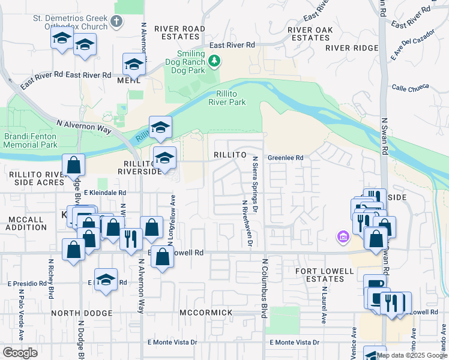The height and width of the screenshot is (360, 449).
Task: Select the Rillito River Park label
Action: pyautogui.click(x=227, y=98)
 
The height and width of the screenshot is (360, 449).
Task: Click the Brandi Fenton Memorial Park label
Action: pyautogui.click(x=31, y=140)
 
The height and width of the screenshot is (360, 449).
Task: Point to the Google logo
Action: pyautogui.click(x=20, y=353)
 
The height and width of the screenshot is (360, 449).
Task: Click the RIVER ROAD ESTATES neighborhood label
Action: pyautogui.click(x=179, y=33)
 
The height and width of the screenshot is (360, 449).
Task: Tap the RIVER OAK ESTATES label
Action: pyautogui.click(x=310, y=33)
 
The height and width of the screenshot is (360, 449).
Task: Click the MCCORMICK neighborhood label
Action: pyautogui.click(x=206, y=313)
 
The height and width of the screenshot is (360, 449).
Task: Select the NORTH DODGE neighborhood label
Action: pyautogui.click(x=82, y=313)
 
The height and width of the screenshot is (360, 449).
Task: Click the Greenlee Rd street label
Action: pyautogui.click(x=286, y=158)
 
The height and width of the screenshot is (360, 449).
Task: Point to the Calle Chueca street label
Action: pyautogui.click(x=411, y=87)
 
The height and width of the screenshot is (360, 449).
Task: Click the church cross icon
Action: pyautogui.click(x=117, y=22)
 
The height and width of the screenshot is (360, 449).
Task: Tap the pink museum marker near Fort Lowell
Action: pyautogui.click(x=343, y=238)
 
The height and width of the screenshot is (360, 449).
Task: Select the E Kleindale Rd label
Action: pyautogui.click(x=105, y=193)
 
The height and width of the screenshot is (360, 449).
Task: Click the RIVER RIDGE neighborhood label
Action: pyautogui.click(x=352, y=47)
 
